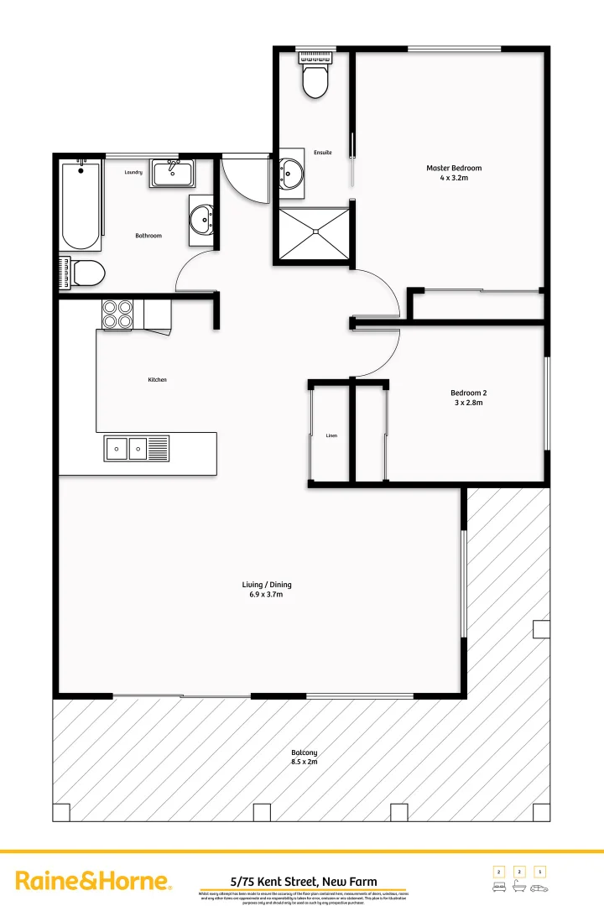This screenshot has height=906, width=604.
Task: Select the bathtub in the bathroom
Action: pyautogui.click(x=81, y=206)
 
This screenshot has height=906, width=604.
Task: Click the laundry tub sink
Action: pyautogui.click(x=172, y=174)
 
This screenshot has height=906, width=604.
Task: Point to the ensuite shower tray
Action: pyautogui.click(x=313, y=234)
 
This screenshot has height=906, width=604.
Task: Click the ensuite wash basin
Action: pyautogui.click(x=291, y=174)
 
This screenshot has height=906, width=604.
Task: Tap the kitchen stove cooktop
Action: pyautogui.click(x=117, y=314)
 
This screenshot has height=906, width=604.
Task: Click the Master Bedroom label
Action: pyautogui.click(x=454, y=173)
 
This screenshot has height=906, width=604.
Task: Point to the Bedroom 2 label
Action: pyautogui.click(x=468, y=398)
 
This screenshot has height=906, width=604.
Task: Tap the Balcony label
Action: pyautogui.click(x=304, y=758)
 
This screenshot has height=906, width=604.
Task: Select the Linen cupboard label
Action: pyautogui.click(x=331, y=436)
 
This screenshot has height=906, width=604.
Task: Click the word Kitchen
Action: pyautogui.click(x=157, y=380)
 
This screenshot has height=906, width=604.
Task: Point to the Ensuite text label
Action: pyautogui.click(x=323, y=153)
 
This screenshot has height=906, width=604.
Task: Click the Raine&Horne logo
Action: pyautogui.click(x=94, y=881)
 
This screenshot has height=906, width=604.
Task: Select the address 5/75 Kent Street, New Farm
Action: pyautogui.click(x=304, y=882)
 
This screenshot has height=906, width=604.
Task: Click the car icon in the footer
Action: pyautogui.click(x=540, y=887)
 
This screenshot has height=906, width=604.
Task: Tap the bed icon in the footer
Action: pyautogui.click(x=498, y=887)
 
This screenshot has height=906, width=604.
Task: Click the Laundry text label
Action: pyautogui.click(x=133, y=173)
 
